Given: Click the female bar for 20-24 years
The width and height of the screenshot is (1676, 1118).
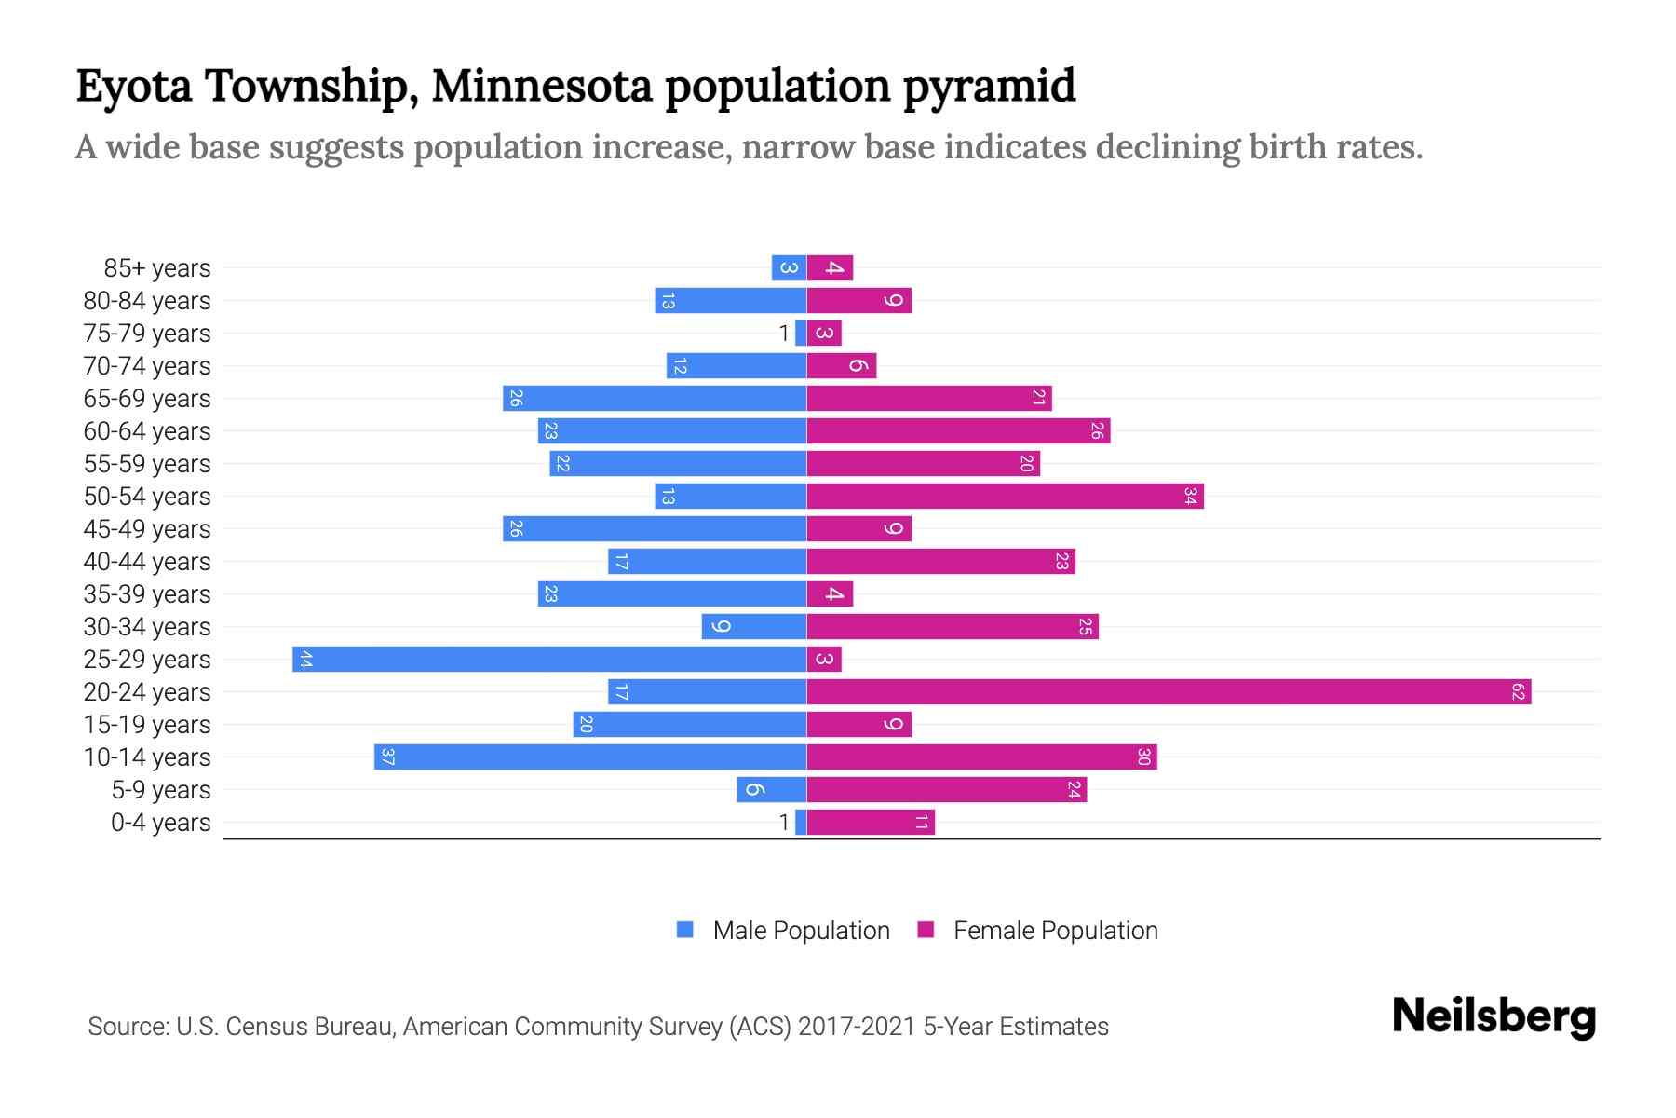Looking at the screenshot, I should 1169,692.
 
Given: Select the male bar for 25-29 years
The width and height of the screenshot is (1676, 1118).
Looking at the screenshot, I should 549,660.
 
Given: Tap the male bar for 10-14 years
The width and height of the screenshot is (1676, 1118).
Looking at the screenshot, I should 590,757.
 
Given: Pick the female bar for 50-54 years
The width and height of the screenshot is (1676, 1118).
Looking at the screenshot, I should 1005,497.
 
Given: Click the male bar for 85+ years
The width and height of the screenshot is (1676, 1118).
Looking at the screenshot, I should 789,268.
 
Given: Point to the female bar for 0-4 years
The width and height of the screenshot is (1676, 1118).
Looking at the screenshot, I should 871,823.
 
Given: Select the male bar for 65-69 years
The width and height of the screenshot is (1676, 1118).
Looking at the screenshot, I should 655,399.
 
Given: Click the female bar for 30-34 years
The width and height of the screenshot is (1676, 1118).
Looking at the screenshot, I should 953,627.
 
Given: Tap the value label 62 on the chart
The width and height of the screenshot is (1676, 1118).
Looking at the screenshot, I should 1518,692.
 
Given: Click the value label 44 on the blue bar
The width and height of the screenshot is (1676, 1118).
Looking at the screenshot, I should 305,660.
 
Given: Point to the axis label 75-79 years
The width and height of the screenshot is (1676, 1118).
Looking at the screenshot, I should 147,334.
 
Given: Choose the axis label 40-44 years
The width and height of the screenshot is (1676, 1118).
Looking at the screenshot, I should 147,562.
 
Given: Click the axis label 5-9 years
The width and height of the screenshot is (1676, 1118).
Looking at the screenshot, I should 160,790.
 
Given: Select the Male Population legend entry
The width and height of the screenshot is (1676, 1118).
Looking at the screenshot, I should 801,931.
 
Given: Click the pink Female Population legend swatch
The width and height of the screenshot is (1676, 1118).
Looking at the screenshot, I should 926,930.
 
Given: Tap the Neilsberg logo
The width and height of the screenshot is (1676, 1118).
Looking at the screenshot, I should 1494,1016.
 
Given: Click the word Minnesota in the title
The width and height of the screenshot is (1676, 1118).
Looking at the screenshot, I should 542,86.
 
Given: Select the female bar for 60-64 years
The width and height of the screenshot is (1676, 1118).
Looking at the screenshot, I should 958,431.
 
